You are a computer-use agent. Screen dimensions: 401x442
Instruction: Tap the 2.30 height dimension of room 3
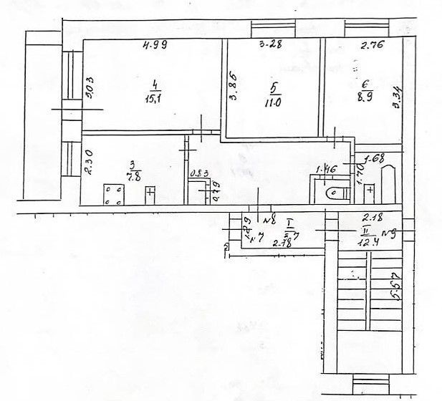[x=89, y=158]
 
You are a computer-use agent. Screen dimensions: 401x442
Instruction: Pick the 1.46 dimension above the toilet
[x=326, y=170]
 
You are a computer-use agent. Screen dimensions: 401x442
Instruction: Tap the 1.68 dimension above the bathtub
[x=376, y=158]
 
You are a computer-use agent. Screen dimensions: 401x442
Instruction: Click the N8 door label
[x=270, y=220]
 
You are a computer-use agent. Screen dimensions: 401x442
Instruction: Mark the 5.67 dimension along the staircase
[x=393, y=288]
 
